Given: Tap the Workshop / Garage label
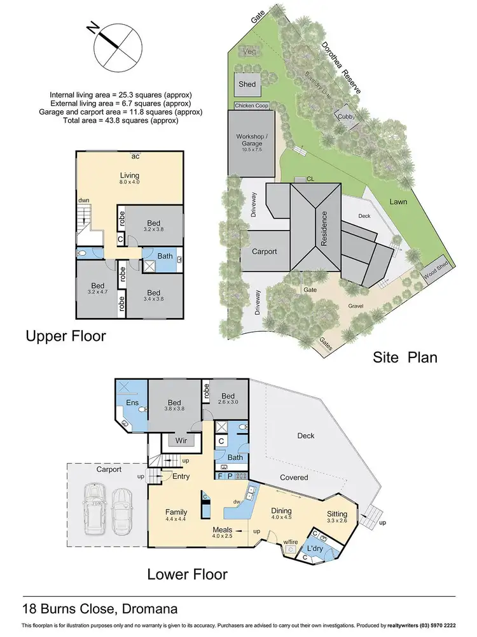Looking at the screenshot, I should coord(253,140).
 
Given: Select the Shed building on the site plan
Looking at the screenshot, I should coord(247,84).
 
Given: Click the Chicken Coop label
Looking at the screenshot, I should coord(253,106).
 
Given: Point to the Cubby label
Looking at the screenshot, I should coord(347,116).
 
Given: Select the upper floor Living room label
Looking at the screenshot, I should coord(130,176).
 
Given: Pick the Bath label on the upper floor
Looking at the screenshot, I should coord(165,256).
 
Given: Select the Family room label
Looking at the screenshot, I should coord(176,512).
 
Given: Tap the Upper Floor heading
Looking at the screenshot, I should coord(65,336).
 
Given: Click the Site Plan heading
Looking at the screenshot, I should coord(405,357).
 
